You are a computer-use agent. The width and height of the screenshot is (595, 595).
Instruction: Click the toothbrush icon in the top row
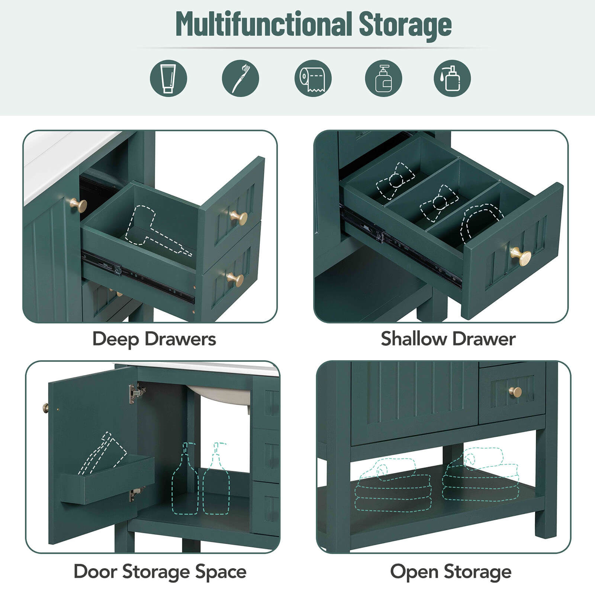pyautogui.click(x=240, y=78)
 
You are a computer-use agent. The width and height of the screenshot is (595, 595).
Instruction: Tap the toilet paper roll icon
pyautogui.click(x=313, y=78)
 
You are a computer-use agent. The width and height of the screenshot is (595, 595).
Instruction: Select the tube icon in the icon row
pyautogui.click(x=168, y=78)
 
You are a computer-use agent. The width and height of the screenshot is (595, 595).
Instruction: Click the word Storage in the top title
pyautogui.click(x=405, y=25)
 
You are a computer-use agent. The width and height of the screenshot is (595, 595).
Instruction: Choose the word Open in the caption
pyautogui.click(x=414, y=572)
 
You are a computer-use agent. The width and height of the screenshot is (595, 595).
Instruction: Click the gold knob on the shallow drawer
pyautogui.click(x=520, y=256)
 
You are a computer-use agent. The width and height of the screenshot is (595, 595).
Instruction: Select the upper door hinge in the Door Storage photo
pyautogui.click(x=136, y=393)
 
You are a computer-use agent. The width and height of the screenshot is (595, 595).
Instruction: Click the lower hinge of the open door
pyautogui.click(x=136, y=493)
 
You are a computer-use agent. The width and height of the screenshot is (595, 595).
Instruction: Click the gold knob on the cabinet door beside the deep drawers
pyautogui.click(x=78, y=205)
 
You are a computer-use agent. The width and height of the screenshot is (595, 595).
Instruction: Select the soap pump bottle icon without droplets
pyautogui.click(x=383, y=78)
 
